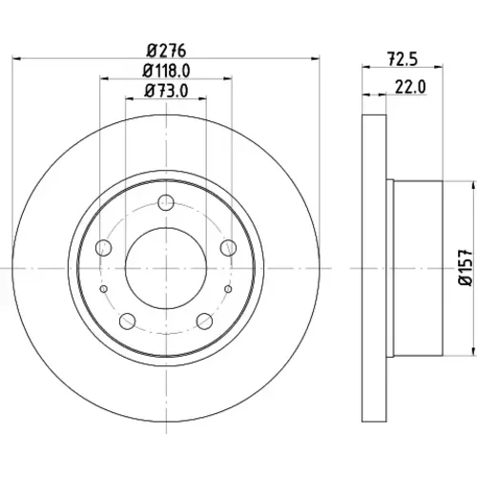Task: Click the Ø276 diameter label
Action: tap(166, 51)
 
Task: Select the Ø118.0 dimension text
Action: tap(166, 71)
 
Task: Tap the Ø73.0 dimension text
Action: tap(166, 91)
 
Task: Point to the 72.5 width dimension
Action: tap(403, 59)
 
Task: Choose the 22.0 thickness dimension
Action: tap(410, 87)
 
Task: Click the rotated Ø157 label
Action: tap(467, 268)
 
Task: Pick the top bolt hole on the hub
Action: tap(166, 202)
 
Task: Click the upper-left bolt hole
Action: tap(104, 248)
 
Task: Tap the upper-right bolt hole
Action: tap(228, 248)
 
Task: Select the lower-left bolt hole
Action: tap(128, 321)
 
